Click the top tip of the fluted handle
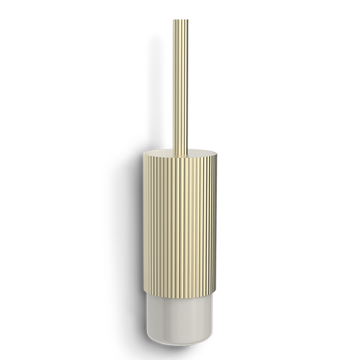181,21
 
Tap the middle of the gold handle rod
181,82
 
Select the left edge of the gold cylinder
145,218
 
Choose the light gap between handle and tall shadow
170,82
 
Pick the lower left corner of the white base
152,338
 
